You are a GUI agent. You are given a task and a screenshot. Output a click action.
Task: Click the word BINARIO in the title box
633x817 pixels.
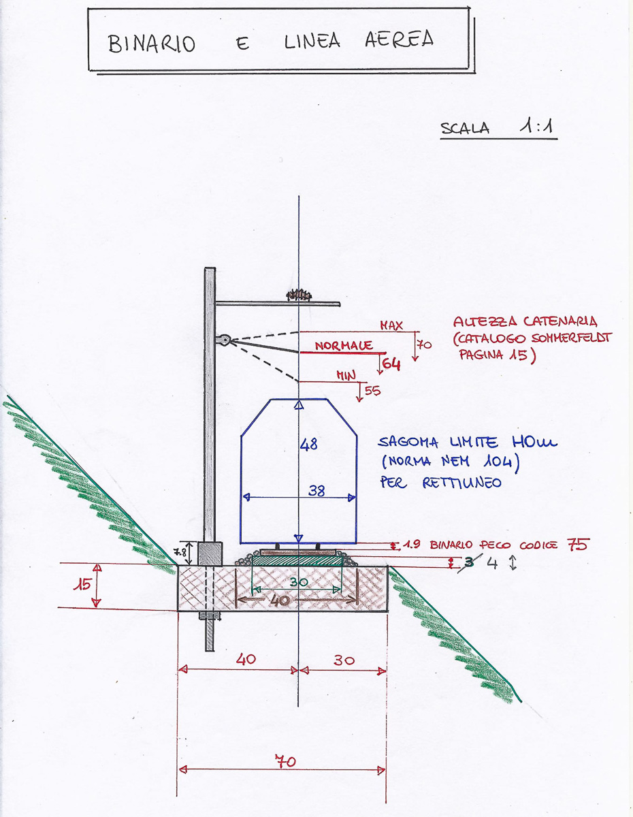[152, 43]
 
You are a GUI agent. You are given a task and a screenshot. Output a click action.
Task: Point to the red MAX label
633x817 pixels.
[391, 326]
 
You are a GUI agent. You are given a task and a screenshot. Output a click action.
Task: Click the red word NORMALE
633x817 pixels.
[344, 346]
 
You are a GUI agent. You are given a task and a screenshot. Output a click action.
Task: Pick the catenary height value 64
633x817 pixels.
[391, 364]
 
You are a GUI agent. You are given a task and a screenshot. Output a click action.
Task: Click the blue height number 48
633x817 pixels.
[309, 444]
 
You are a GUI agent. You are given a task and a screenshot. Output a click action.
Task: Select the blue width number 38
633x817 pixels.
[316, 491]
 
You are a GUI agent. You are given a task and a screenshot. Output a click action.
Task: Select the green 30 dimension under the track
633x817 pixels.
[297, 582]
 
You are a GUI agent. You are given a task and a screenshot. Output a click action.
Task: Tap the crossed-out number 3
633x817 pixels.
[469, 562]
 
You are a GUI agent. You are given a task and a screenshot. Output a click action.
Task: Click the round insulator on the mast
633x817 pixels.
[223, 338]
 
